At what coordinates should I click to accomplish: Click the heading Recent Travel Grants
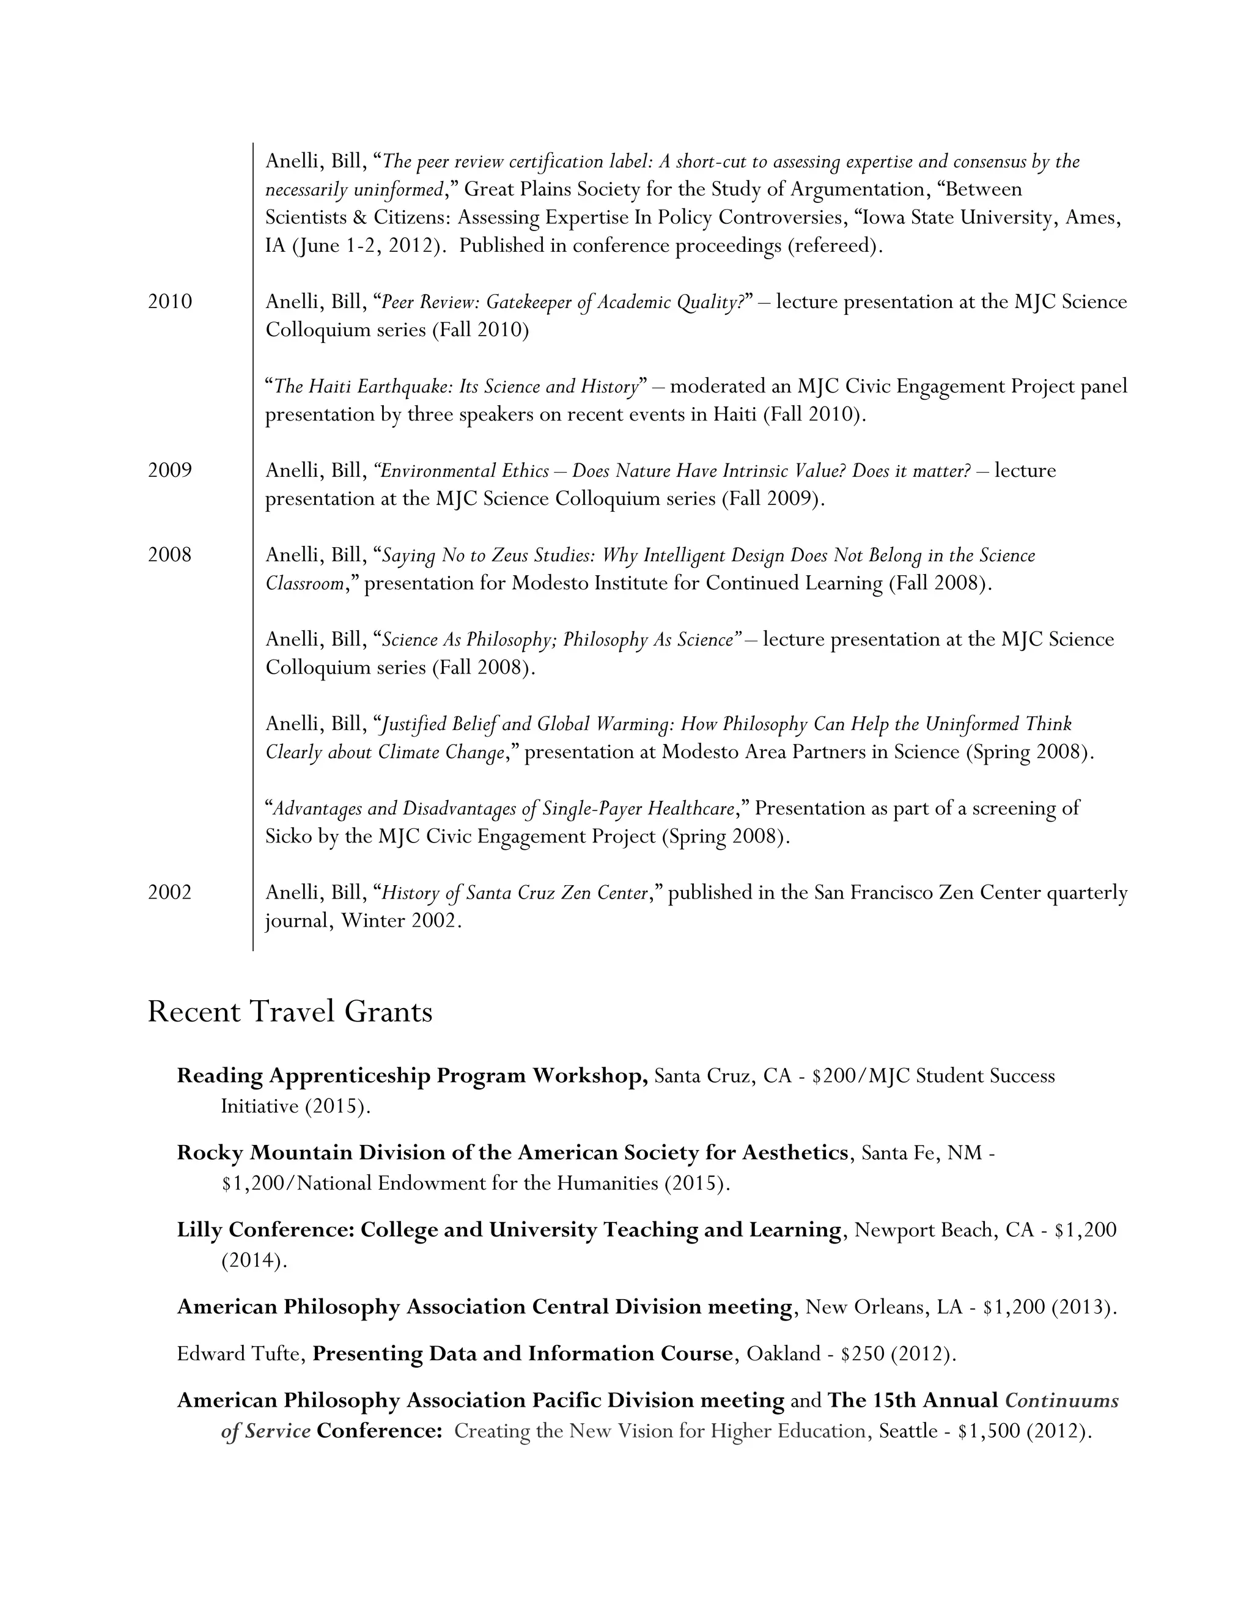[289, 1012]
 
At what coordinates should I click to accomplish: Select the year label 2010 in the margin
[170, 301]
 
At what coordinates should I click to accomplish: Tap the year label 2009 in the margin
[170, 470]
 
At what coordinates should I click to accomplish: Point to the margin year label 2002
[170, 893]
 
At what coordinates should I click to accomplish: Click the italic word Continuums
[1061, 1401]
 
